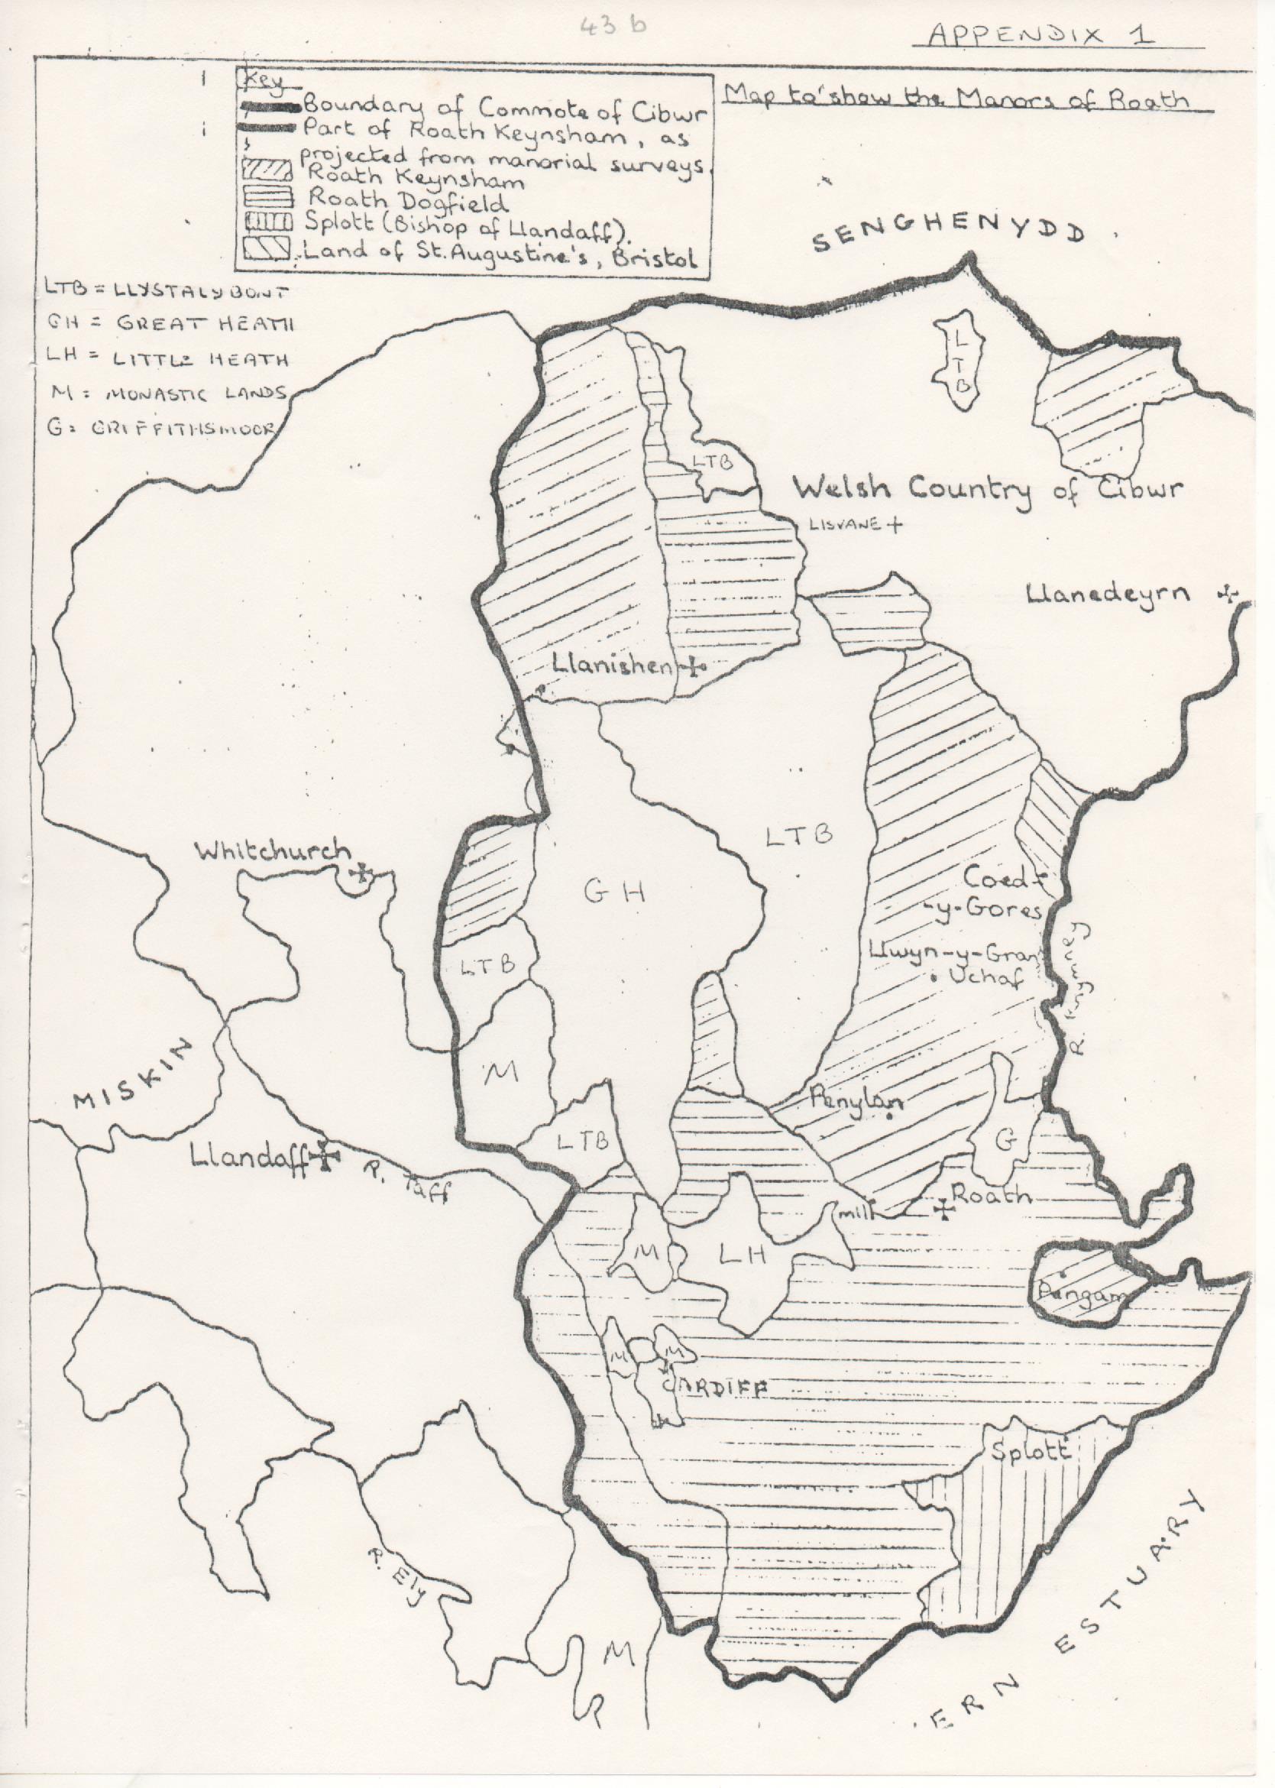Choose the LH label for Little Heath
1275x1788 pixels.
point(742,1254)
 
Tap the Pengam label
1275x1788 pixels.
point(1071,1293)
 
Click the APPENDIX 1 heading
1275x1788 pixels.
point(1041,35)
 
